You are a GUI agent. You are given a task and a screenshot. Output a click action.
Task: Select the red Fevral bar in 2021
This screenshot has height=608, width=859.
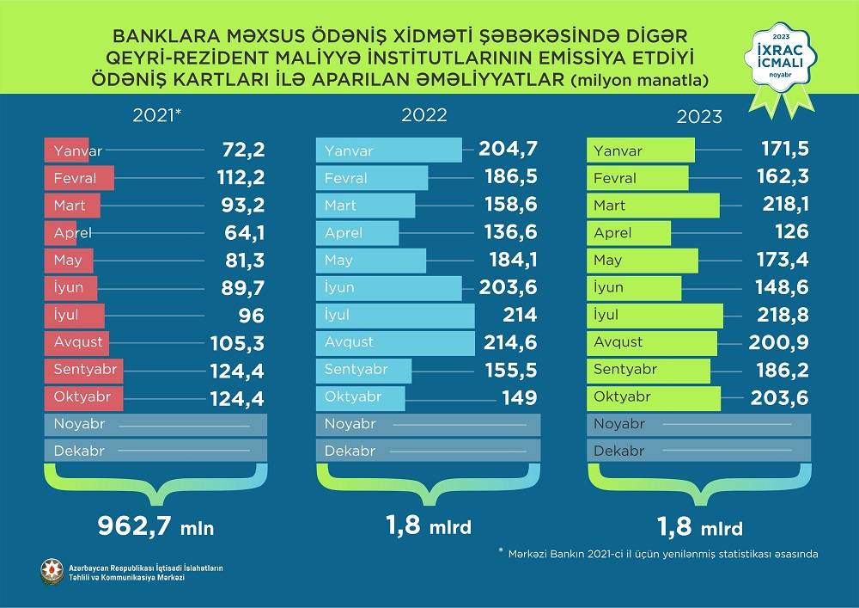pos(78,179)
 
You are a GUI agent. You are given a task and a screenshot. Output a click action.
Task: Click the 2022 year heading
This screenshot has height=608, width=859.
pos(424,116)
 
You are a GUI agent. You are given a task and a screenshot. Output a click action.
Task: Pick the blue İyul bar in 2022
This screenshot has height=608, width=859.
pos(395,315)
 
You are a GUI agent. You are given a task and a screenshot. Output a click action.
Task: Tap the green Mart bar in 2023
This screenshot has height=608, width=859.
pos(653,206)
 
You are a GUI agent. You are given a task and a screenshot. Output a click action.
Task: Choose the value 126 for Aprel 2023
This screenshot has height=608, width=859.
pos(790,233)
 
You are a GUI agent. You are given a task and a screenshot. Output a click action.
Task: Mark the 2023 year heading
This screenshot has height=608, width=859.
pos(698,117)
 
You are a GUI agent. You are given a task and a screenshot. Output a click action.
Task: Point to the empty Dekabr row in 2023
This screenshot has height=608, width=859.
pos(698,451)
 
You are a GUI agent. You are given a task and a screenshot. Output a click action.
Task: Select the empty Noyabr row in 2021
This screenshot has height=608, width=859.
pos(155,425)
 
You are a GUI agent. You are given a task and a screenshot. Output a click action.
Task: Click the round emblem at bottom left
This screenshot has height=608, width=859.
pos(52,571)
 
